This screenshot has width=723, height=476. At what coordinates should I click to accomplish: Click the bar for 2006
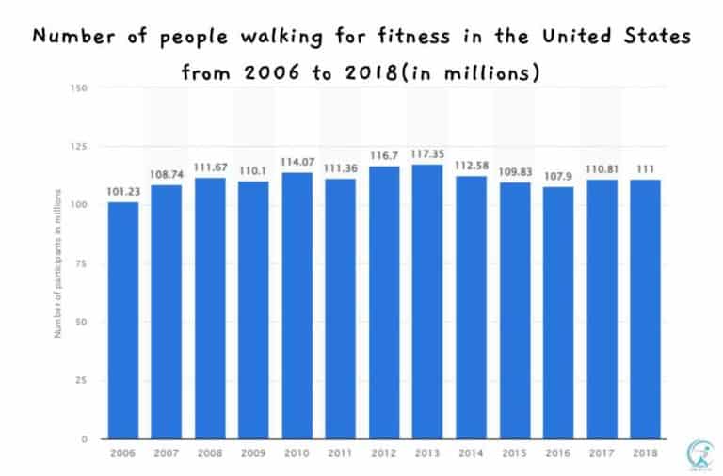click(x=122, y=320)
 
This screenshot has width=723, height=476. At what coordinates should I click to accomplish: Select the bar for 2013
click(x=427, y=301)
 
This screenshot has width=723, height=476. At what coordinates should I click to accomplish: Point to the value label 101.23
click(x=122, y=193)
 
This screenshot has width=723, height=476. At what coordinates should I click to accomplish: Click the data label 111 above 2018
click(x=646, y=169)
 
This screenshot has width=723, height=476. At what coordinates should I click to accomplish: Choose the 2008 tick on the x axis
click(x=210, y=452)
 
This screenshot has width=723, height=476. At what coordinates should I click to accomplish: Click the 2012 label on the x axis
click(x=384, y=452)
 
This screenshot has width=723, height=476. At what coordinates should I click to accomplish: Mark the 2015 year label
click(x=515, y=452)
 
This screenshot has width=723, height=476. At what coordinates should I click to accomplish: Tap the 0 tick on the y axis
click(x=84, y=439)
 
